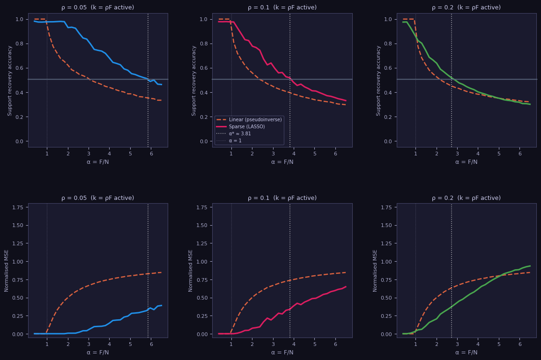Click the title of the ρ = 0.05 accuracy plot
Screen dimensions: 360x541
point(97,7)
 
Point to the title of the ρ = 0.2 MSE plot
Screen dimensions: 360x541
point(466,198)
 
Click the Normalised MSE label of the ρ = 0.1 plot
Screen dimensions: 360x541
point(191,271)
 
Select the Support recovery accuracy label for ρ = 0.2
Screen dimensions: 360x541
point(378,80)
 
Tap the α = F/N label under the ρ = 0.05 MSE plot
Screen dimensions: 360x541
point(97,353)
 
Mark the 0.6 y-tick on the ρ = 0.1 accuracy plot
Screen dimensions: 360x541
point(204,68)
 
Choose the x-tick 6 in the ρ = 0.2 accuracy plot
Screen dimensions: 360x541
point(519,153)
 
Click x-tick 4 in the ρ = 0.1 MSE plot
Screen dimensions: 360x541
point(294,344)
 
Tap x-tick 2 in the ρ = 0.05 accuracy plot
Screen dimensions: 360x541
point(68,153)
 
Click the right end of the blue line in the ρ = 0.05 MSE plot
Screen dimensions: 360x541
point(161,305)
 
